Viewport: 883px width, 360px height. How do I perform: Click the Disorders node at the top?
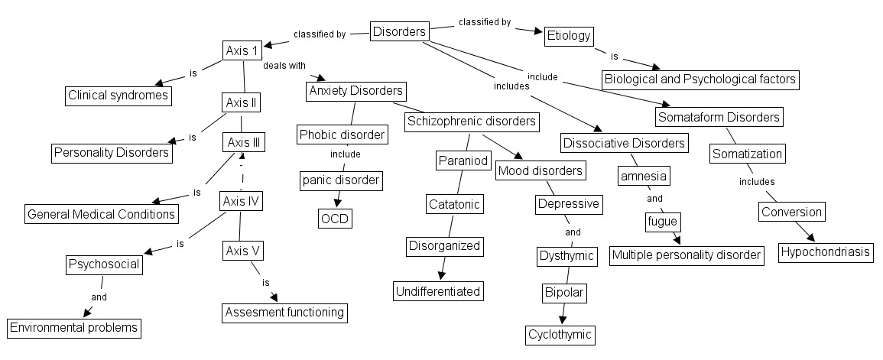coord(399,31)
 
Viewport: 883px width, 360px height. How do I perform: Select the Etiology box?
coord(569,36)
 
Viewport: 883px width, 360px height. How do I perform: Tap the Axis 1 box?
coord(242,50)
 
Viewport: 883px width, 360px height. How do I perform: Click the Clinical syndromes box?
coord(117,96)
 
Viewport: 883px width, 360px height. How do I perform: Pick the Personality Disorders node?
coord(112,152)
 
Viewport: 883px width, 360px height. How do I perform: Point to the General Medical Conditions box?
coord(102,214)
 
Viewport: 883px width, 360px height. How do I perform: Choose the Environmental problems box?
coord(74,328)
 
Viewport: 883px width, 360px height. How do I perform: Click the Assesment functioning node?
coord(284,312)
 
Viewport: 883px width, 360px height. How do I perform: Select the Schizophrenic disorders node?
coord(472,121)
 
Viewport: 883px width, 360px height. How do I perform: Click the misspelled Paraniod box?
coord(459,161)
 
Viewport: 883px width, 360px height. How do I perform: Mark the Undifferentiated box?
coord(438,290)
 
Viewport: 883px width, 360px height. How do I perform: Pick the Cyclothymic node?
coord(560,334)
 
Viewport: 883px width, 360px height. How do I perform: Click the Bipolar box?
coord(564,293)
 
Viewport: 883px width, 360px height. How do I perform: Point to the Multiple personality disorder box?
coord(687,255)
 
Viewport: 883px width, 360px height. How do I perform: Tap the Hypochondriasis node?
coord(826,252)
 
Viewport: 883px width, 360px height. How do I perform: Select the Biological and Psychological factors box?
coord(700,79)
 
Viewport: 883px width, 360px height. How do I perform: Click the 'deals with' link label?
coord(284,66)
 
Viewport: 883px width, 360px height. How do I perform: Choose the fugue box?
coord(662,222)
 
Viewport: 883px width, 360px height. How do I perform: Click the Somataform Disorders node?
coord(719,117)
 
